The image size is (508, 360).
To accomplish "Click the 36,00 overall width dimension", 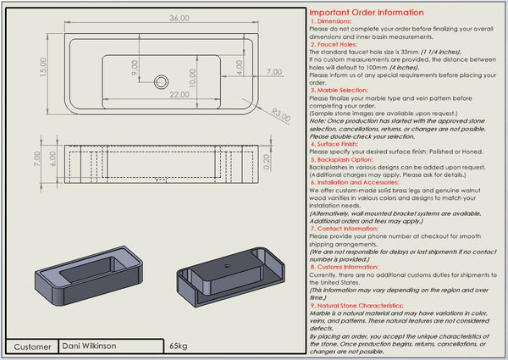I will point(155,18).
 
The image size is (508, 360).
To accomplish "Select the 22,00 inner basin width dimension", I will point(179,95).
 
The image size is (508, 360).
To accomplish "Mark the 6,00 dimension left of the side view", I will point(52,158).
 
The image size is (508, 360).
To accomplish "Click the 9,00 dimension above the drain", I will point(135,65).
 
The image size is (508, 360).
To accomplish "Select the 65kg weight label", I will point(178,346).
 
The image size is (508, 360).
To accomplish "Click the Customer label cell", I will point(32,346).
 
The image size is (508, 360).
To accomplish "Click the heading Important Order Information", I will point(366,13).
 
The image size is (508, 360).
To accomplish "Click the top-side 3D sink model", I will point(86,281).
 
